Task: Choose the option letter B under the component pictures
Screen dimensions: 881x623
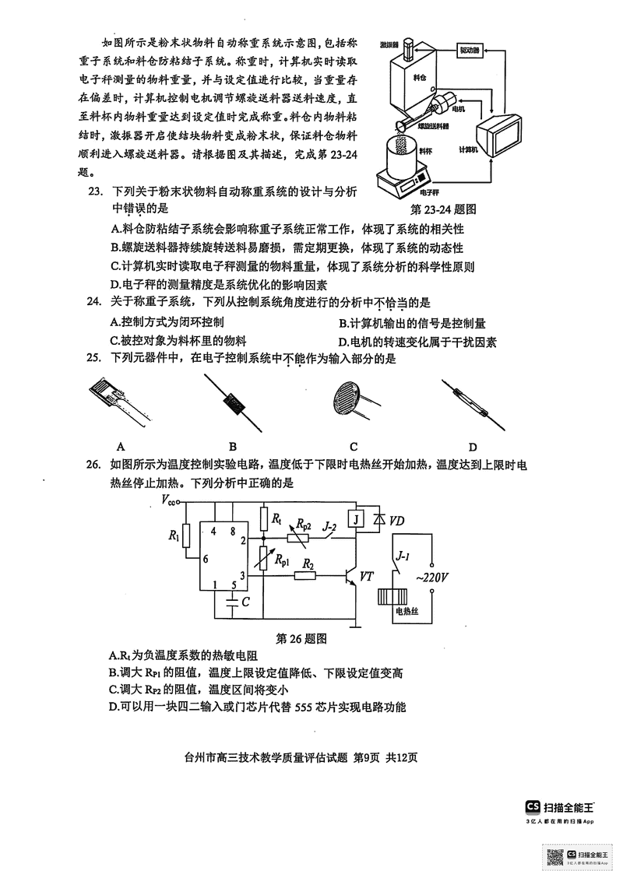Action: coord(232,447)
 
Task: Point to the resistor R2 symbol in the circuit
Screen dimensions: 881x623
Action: coord(308,577)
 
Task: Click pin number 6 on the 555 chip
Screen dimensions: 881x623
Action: coord(206,559)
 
